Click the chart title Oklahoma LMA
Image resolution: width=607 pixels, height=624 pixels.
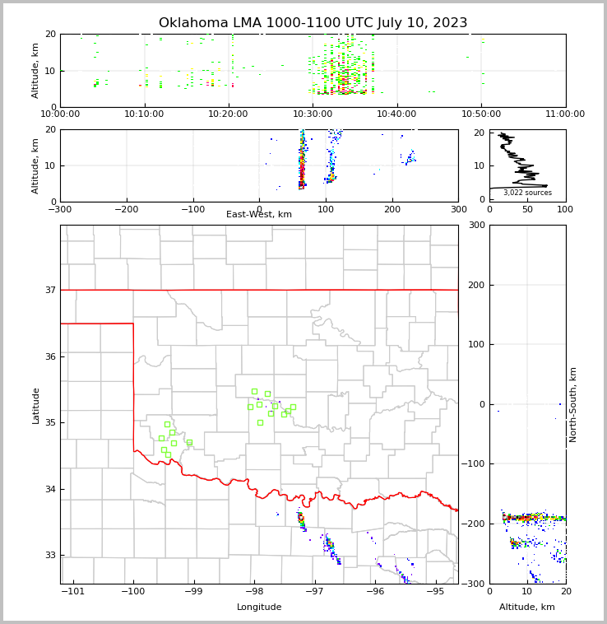click(313, 23)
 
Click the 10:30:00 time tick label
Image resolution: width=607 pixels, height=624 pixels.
click(313, 114)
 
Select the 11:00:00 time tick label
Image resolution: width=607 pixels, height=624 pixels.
click(565, 114)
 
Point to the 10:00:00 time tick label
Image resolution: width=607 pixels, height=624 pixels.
click(60, 114)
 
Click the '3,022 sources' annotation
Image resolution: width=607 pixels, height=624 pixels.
click(527, 193)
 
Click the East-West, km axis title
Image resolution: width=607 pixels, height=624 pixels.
click(259, 215)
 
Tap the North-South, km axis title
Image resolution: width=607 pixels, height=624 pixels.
click(573, 404)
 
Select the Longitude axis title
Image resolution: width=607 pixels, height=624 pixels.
click(259, 608)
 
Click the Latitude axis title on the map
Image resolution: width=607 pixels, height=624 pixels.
click(35, 405)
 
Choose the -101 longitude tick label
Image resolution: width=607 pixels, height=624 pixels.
click(73, 591)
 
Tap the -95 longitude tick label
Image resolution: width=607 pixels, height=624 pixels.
click(435, 591)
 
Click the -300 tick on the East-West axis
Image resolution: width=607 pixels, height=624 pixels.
click(60, 209)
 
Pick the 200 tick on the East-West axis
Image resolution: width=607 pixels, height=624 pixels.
click(392, 209)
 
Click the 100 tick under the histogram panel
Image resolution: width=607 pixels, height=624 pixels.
click(565, 209)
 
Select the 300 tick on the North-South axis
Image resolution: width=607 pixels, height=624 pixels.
click(475, 226)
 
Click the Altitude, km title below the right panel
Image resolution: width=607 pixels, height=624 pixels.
click(527, 608)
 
